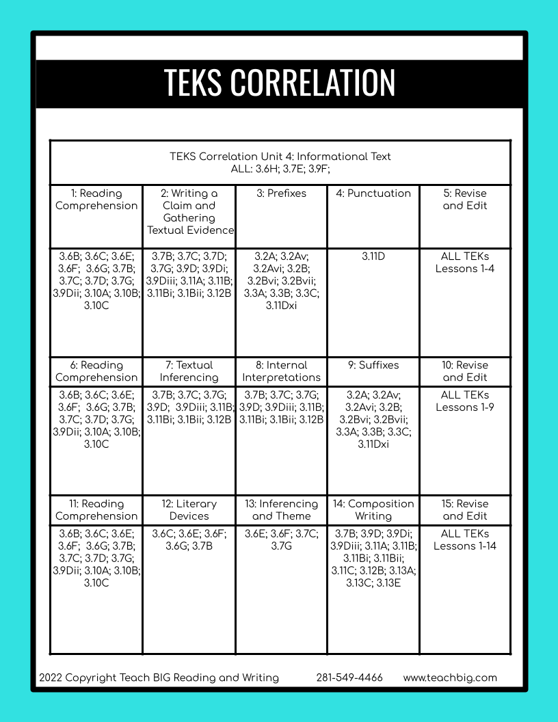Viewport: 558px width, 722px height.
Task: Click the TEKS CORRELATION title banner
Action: tap(279, 83)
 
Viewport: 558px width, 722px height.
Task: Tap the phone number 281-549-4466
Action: tap(349, 678)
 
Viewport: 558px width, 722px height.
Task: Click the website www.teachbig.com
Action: tap(450, 678)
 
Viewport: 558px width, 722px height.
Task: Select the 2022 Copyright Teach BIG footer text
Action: tap(159, 678)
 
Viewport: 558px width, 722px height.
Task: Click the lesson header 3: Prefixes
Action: tap(282, 193)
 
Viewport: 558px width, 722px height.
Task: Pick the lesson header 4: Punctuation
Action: tap(373, 193)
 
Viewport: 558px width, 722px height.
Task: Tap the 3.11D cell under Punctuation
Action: tap(373, 256)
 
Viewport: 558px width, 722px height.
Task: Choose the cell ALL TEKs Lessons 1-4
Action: tap(465, 263)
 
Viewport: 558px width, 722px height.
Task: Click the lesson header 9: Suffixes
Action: tap(373, 365)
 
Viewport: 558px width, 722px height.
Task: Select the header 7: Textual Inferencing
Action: tap(189, 371)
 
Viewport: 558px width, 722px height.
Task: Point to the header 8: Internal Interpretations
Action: tap(282, 371)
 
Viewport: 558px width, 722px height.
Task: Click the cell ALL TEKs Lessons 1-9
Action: tap(465, 401)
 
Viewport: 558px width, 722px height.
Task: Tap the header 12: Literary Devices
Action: tap(189, 510)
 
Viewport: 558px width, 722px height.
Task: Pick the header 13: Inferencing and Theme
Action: tap(282, 510)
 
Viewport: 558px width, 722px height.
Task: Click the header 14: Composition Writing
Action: tap(373, 510)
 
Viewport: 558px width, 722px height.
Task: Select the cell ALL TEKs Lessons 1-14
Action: tap(465, 539)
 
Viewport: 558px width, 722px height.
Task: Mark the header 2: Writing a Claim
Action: tap(189, 211)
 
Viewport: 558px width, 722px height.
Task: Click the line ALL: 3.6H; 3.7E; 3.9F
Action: tap(280, 168)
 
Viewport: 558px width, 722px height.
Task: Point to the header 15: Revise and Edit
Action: tap(465, 510)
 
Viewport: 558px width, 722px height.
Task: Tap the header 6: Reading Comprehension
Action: tap(96, 371)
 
